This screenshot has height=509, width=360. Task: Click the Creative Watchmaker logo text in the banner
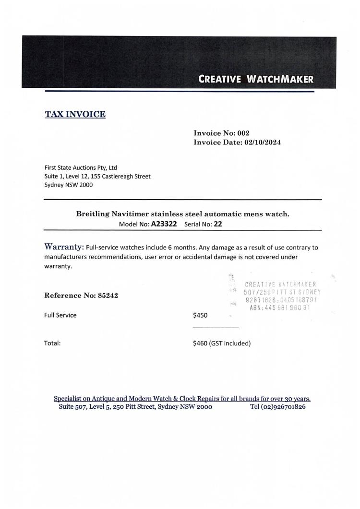(256, 79)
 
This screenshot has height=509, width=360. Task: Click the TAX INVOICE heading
(75, 114)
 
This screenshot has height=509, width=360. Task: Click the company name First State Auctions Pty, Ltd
(81, 168)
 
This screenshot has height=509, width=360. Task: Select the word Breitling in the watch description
(93, 214)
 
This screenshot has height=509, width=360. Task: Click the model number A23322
(164, 224)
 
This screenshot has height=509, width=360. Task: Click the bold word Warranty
(64, 247)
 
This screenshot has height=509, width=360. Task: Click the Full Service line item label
(60, 315)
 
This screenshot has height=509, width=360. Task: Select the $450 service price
(200, 315)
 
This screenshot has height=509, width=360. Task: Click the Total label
(52, 343)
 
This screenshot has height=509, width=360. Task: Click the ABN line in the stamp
(280, 308)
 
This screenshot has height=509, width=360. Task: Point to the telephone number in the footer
(278, 407)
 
